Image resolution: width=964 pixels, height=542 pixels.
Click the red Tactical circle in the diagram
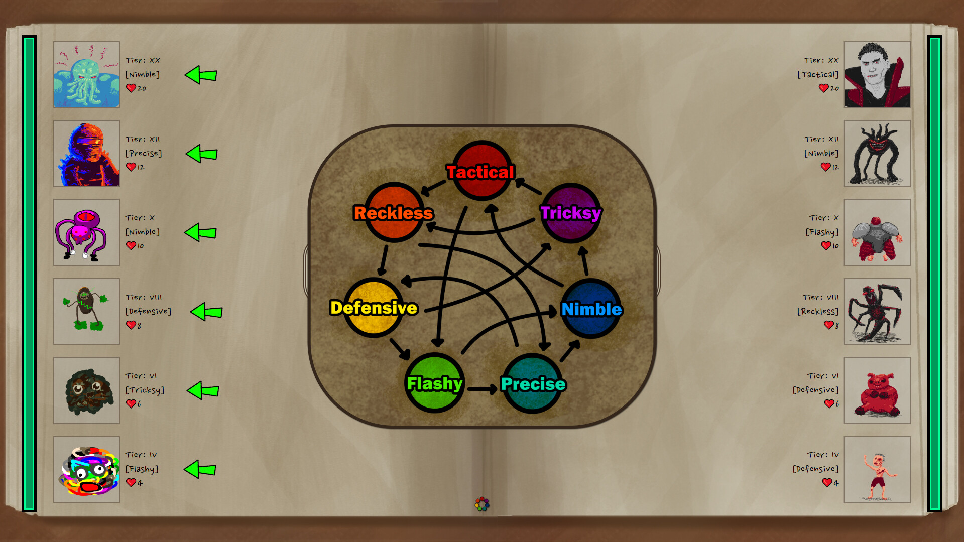tap(482, 171)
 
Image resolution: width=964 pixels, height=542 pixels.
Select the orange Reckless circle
tap(395, 212)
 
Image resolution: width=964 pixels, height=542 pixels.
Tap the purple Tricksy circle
tap(571, 213)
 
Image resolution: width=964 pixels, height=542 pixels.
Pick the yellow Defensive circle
tap(374, 307)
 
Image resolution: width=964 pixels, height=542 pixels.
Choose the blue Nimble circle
tap(591, 309)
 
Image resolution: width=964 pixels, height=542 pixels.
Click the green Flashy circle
tap(434, 383)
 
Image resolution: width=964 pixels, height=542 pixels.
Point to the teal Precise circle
tap(532, 383)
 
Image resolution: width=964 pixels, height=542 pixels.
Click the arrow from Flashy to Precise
tap(482, 389)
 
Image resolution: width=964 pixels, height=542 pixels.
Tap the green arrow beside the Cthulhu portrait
tap(201, 75)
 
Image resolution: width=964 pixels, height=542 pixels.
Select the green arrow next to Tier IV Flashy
tap(200, 470)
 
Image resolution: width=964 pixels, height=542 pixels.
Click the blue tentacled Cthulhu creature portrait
tap(86, 74)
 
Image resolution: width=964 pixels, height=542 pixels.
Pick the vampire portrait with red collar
tap(877, 74)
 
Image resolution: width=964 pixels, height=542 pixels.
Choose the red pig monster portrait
tap(877, 390)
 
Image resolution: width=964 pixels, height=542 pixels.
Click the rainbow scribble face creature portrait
tap(86, 470)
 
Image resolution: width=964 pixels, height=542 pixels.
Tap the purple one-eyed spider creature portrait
tap(86, 232)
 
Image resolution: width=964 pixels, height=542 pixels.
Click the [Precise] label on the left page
tap(144, 153)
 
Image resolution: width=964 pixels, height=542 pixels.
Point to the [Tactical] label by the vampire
tap(818, 74)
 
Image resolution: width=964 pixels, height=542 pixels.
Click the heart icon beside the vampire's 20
tap(823, 88)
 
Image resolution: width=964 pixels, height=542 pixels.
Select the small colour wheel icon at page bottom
tap(482, 504)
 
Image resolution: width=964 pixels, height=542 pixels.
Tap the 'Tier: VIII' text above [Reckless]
tap(820, 297)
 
